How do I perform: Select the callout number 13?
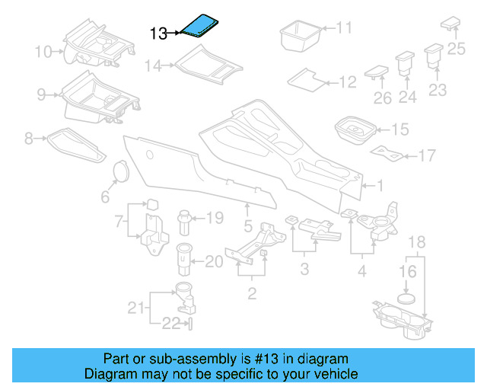coord(158,34)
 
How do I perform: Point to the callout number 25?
coord(455,50)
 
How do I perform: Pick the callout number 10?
coord(43,52)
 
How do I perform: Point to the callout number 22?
coord(170,324)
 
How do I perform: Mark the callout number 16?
coord(408,271)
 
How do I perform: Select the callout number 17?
coord(427,156)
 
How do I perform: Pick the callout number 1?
coord(381,185)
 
